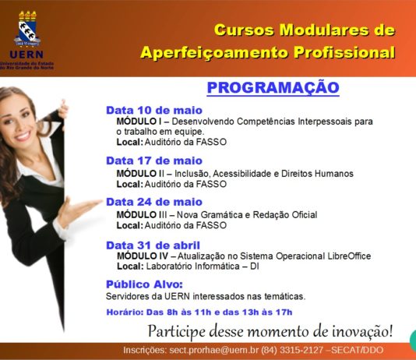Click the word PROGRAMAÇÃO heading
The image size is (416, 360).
(x=273, y=87)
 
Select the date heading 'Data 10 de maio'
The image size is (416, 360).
(x=154, y=110)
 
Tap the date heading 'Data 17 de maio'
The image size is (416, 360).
(x=154, y=161)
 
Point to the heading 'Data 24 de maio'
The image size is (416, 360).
(x=154, y=202)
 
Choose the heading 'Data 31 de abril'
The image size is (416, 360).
(x=153, y=245)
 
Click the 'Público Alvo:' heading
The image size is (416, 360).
(x=144, y=284)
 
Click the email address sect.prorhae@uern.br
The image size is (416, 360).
(x=213, y=350)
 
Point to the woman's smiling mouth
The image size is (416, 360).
(x=23, y=136)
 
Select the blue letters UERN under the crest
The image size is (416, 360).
(x=26, y=55)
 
